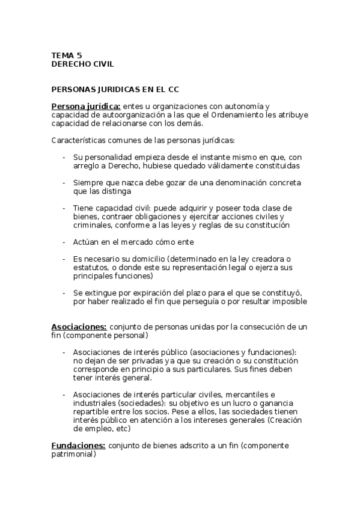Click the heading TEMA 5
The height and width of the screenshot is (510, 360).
tap(66, 55)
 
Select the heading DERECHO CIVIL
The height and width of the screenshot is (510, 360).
tap(82, 64)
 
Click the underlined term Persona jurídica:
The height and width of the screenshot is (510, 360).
tap(86, 106)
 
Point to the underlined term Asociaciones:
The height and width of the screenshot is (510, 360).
tap(79, 327)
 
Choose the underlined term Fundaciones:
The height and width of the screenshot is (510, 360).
tap(79, 446)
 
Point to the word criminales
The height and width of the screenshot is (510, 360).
tap(93, 225)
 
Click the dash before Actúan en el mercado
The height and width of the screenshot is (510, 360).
tap(64, 242)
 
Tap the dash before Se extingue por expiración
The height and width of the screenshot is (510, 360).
tap(64, 293)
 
